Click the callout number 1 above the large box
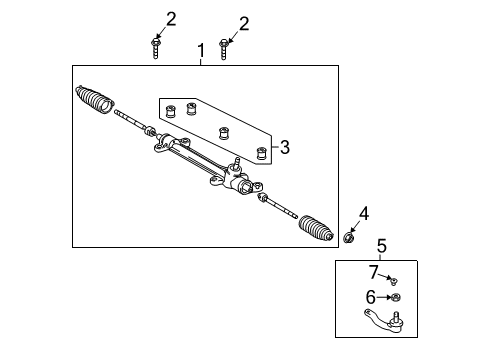[201, 49]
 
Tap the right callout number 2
[243, 22]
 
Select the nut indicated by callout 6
[397, 297]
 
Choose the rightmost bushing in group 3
[262, 153]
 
